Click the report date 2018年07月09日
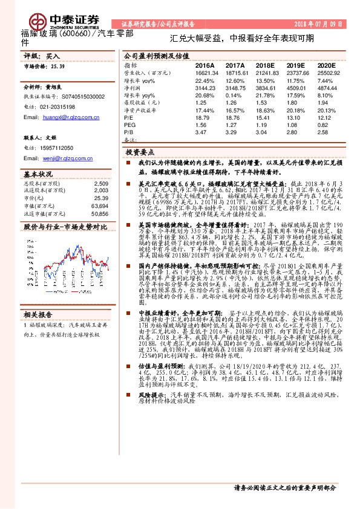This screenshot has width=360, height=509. click(318, 24)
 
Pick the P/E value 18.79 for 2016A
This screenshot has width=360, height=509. click(203, 118)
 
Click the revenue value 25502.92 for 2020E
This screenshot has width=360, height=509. click(327, 71)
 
